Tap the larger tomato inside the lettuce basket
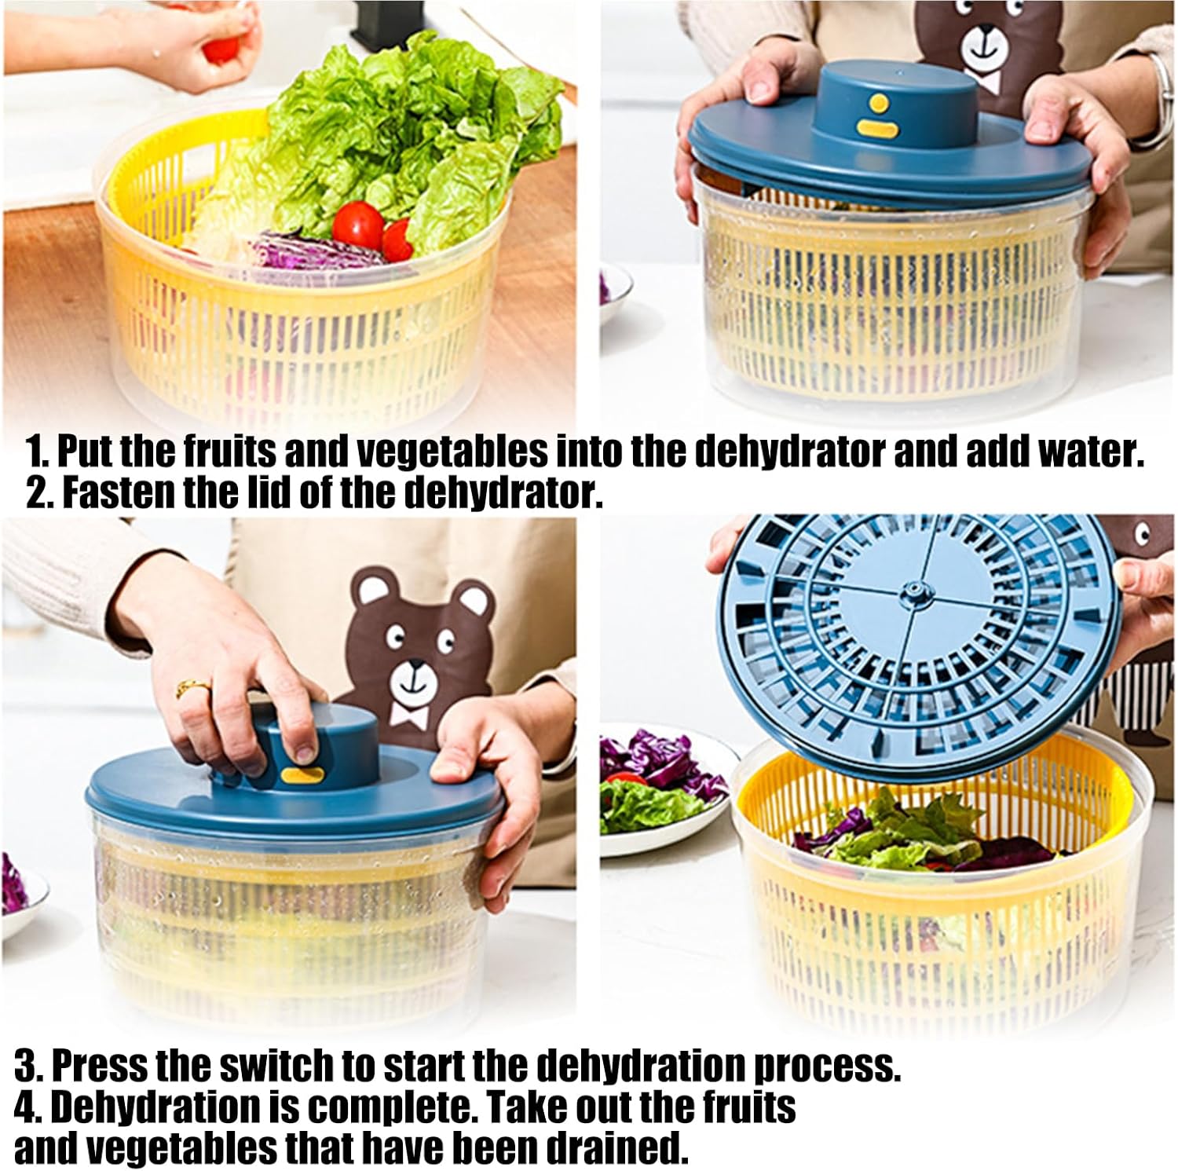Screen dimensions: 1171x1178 tap(358, 226)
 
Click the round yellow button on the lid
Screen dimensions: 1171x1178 tap(880, 103)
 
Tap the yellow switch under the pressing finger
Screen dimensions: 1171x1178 tap(302, 776)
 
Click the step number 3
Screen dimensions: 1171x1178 tap(28, 1066)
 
